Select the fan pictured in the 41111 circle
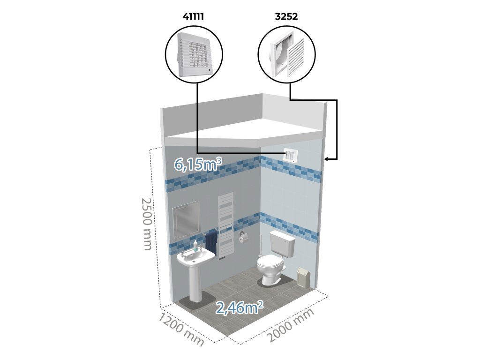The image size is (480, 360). tap(195, 56)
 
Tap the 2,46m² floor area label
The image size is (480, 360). tap(239, 307)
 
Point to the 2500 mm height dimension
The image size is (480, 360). tap(147, 224)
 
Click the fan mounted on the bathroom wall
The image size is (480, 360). tap(292, 155)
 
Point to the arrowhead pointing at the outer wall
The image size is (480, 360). tap(327, 159)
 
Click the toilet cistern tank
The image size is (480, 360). tap(282, 244)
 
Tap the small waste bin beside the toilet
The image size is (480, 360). tap(303, 277)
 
